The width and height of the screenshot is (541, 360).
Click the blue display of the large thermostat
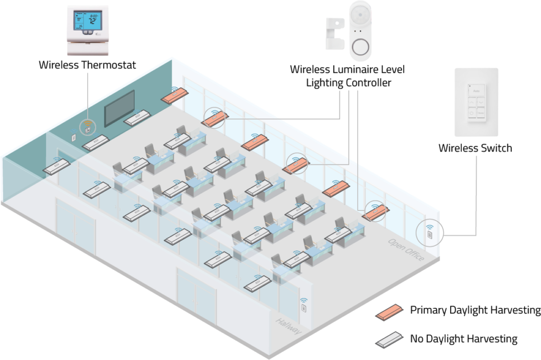pos(88,21)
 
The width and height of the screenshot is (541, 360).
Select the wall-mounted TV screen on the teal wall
pos(119,108)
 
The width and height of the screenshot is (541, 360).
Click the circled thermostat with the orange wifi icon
pos(87,127)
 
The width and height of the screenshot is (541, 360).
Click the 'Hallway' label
pos(288,326)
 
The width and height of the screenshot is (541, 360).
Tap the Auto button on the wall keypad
pos(475,91)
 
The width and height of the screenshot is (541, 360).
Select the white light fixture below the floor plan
pos(390,339)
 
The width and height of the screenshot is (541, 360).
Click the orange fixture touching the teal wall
pos(175,95)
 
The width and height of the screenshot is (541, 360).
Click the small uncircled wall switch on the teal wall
pos(73,136)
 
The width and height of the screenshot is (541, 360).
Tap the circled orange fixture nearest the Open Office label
pos(375,212)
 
